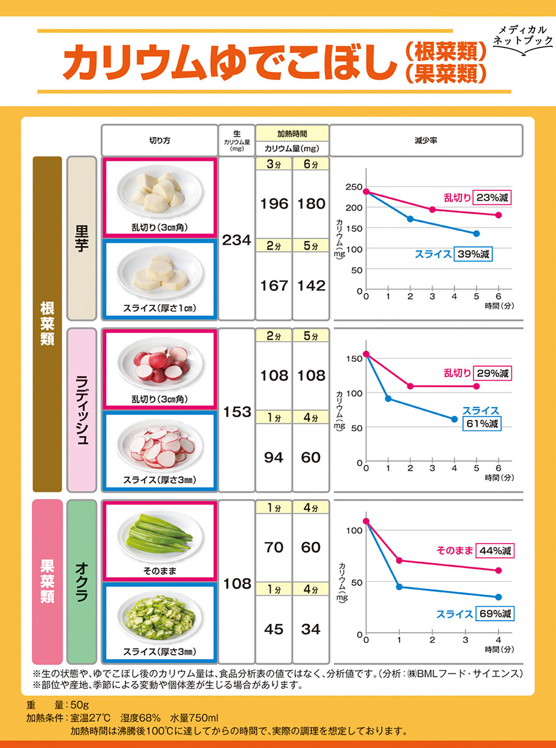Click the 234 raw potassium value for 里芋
point(236,240)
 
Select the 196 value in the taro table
point(274,204)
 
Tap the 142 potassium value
point(311,286)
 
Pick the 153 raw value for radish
point(236,412)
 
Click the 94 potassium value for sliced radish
point(274,457)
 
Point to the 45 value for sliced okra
point(274,628)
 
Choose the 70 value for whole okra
point(274,547)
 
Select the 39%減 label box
point(474,254)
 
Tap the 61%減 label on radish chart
point(482,423)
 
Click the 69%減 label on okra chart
point(494,613)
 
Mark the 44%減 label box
point(494,550)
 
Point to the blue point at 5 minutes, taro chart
point(477,234)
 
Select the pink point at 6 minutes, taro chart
point(499,215)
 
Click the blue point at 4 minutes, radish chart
point(454,419)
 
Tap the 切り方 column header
point(159,140)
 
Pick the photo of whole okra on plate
point(159,534)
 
